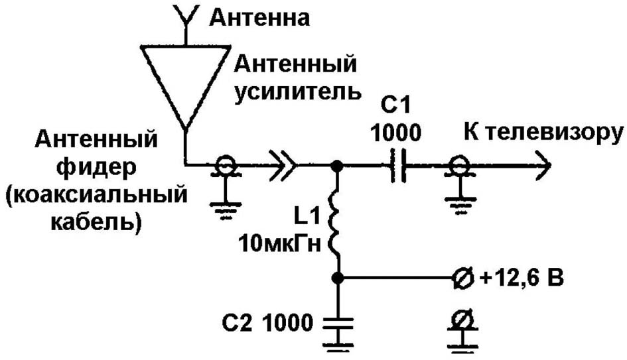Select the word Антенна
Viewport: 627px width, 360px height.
point(259,18)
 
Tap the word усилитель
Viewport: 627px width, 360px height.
point(298,93)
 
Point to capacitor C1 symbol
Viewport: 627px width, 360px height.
point(398,165)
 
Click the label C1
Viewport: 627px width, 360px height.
point(395,106)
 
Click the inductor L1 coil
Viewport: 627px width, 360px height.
point(335,223)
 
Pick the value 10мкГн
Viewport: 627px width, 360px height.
point(280,243)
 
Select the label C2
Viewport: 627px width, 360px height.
point(237,322)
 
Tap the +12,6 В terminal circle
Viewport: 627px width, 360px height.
point(463,277)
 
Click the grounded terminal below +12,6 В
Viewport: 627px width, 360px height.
point(463,330)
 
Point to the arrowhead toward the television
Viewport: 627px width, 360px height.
point(544,164)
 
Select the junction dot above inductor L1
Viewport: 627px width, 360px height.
point(338,165)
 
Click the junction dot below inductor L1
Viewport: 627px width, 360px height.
point(338,277)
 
